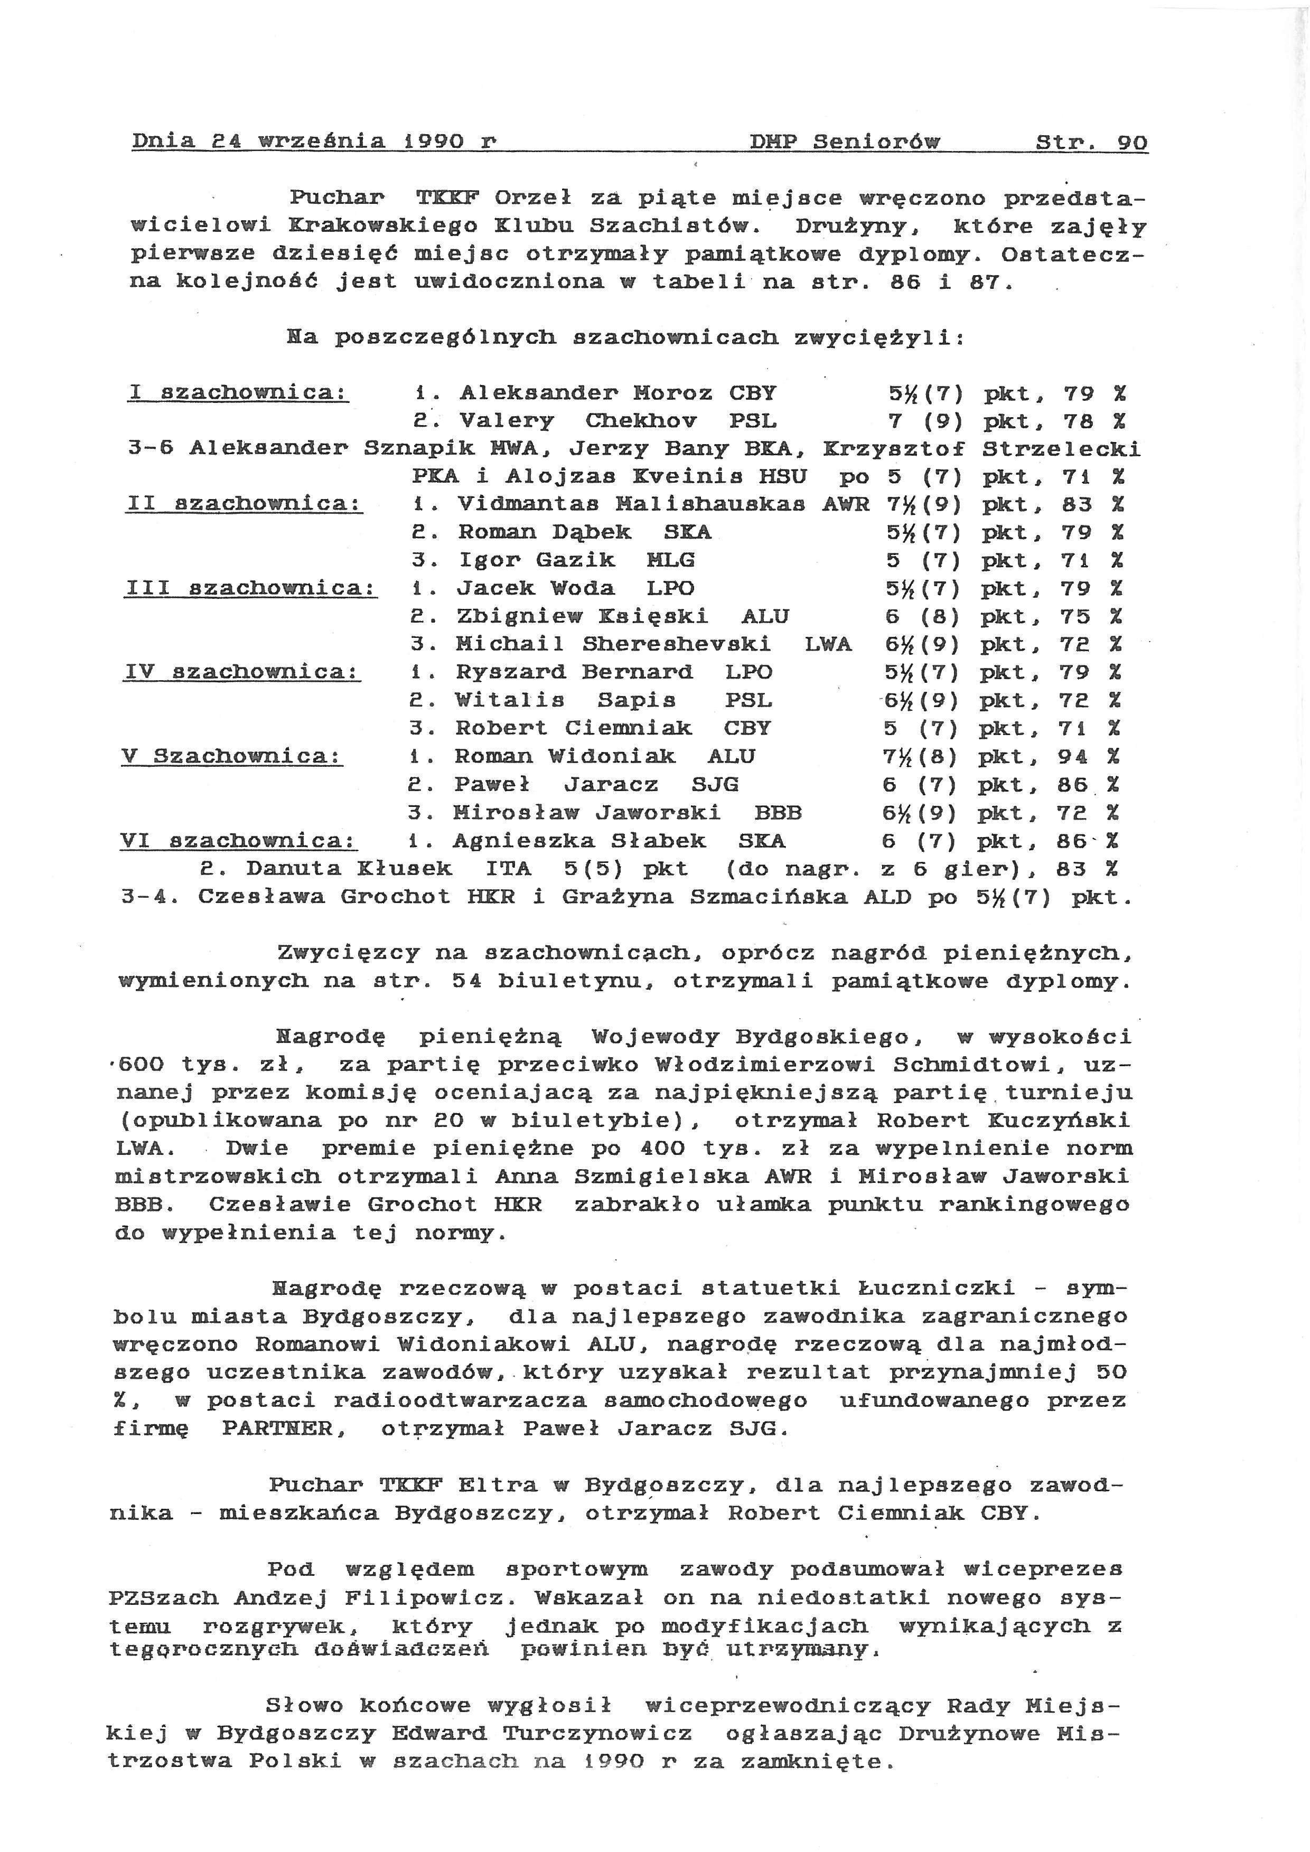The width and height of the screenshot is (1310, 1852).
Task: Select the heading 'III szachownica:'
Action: (x=251, y=588)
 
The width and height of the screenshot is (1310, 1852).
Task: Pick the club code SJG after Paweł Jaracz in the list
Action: (x=715, y=784)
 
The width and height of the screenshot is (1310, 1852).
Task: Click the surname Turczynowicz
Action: (x=598, y=1733)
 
